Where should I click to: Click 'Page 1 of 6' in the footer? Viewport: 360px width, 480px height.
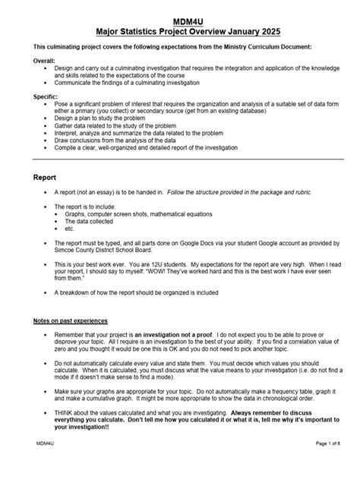point(327,463)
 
